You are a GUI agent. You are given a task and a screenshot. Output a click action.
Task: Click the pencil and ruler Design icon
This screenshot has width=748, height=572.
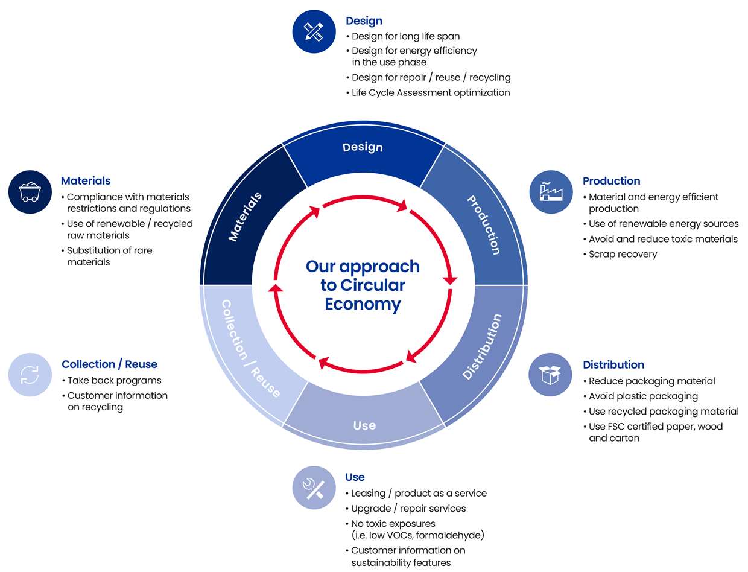(x=314, y=31)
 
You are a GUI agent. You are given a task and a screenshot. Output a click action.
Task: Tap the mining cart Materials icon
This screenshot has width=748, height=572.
(x=30, y=192)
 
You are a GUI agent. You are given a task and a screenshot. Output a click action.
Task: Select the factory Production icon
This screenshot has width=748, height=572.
(x=551, y=192)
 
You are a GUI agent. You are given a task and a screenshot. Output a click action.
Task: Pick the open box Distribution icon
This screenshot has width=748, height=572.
(x=550, y=375)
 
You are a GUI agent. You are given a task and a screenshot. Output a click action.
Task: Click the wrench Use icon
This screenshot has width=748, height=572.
(x=314, y=488)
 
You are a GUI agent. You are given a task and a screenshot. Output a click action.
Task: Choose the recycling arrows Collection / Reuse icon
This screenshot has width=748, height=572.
(x=30, y=375)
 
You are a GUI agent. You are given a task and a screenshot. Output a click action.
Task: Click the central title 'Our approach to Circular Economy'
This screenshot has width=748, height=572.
(x=363, y=285)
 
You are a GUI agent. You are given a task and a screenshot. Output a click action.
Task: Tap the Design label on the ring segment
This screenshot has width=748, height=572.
(x=363, y=147)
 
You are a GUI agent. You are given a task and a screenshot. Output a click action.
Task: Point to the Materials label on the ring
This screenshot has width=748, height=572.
(x=245, y=217)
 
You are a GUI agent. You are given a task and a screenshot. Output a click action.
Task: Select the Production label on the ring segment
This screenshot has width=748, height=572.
(x=484, y=225)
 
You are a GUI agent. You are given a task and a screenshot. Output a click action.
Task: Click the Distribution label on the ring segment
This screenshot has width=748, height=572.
(x=482, y=346)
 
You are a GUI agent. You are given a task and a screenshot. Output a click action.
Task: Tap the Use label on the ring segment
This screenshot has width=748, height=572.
(x=364, y=425)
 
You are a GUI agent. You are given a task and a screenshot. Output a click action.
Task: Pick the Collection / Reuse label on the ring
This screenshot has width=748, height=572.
(x=251, y=349)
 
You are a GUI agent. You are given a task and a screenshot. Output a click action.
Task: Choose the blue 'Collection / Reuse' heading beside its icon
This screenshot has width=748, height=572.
(x=109, y=364)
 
